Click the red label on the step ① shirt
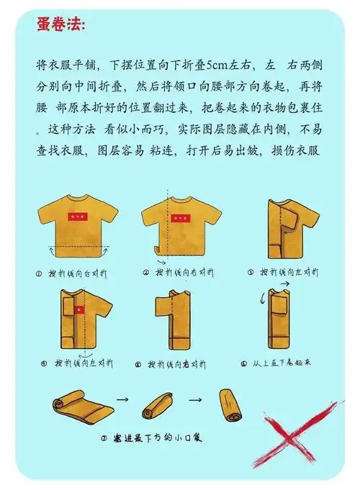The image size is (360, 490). (77, 216)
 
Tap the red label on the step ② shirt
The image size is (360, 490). (176, 216)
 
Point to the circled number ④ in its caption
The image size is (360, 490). (44, 363)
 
